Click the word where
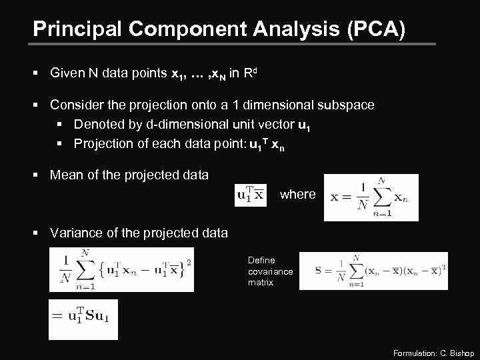(x=297, y=194)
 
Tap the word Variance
(x=75, y=233)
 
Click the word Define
(x=261, y=260)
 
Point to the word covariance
(x=270, y=271)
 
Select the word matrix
(x=260, y=282)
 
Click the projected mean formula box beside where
(x=250, y=195)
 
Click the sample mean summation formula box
(x=371, y=197)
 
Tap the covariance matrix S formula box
(x=373, y=270)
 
